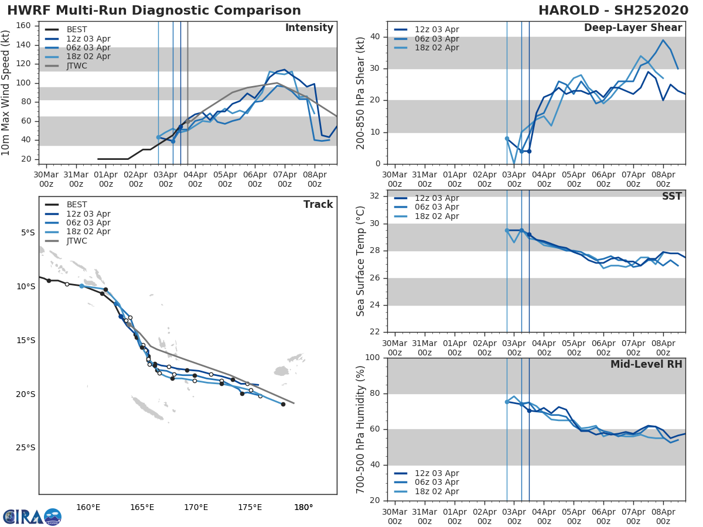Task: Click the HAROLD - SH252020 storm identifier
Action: [613, 11]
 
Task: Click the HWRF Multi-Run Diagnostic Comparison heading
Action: [154, 11]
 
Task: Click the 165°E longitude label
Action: [142, 507]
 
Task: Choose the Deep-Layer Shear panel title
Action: [633, 28]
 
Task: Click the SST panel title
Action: [671, 197]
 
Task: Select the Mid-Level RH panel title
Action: [646, 365]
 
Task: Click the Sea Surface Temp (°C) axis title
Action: [361, 262]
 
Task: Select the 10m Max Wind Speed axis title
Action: [6, 94]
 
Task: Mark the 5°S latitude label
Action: [28, 233]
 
